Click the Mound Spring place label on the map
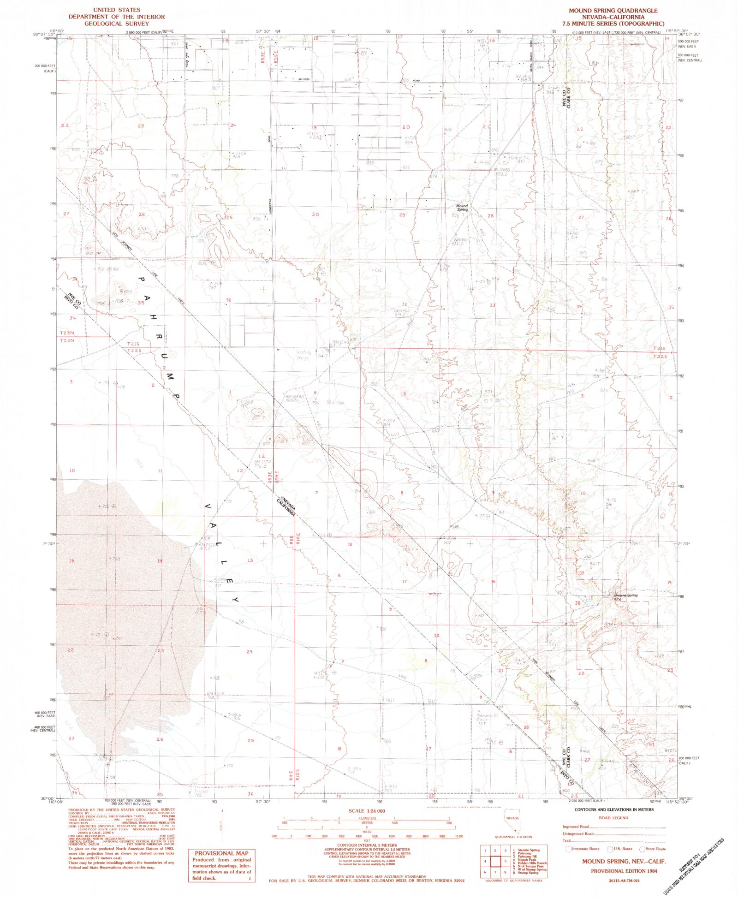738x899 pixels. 462,208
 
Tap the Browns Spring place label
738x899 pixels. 625,595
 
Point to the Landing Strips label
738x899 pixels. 303,355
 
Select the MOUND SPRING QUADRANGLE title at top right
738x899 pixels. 613,11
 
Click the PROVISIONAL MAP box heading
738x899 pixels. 221,853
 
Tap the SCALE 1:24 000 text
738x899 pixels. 367,811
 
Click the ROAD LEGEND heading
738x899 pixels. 613,818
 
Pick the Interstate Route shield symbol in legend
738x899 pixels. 568,849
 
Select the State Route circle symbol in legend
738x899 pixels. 642,849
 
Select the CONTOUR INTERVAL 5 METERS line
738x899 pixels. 367,845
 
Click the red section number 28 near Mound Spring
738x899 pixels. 490,215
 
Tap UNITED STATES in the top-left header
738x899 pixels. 116,10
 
